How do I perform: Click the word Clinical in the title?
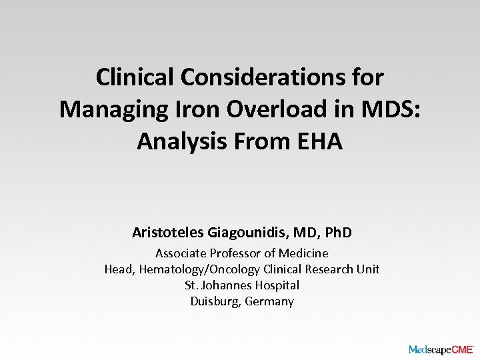pyautogui.click(x=134, y=77)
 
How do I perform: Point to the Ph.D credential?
pyautogui.click(x=337, y=233)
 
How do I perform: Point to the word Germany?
pyautogui.click(x=269, y=301)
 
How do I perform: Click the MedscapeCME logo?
pyautogui.click(x=440, y=349)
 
